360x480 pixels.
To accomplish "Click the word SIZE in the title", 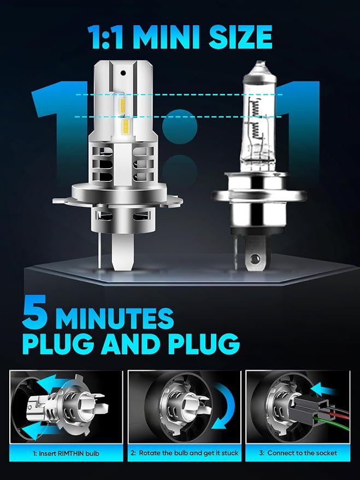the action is click(x=240, y=37).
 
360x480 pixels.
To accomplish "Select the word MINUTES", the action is click(x=115, y=318).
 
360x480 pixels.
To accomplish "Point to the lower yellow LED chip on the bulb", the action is click(x=125, y=127).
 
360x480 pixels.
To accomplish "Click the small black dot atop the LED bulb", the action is click(x=123, y=73).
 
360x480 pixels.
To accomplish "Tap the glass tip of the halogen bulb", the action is click(x=260, y=66).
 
